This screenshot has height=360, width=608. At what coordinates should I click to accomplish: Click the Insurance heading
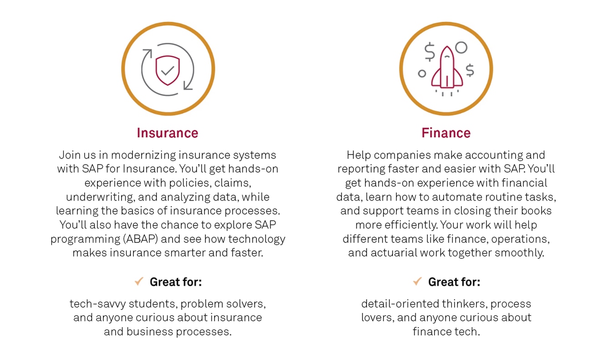tap(168, 133)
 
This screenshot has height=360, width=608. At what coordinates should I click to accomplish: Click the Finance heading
tap(446, 133)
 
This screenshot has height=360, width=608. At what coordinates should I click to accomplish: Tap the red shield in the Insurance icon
tap(168, 70)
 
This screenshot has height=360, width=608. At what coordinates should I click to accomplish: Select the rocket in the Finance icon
tap(447, 68)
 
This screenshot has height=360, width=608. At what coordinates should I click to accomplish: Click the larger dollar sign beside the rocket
tap(429, 52)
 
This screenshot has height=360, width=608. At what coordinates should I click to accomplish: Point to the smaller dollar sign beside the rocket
tap(470, 70)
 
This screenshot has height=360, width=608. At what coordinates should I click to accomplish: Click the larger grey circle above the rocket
tap(461, 47)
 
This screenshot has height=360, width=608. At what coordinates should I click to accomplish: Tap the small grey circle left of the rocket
tap(422, 73)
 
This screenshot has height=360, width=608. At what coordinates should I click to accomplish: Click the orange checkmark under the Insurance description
tap(139, 281)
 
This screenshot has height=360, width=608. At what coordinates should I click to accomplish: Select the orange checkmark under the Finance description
tap(418, 281)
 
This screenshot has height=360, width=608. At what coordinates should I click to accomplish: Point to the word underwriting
tap(101, 197)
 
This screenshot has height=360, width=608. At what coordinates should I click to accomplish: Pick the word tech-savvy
tap(98, 304)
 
